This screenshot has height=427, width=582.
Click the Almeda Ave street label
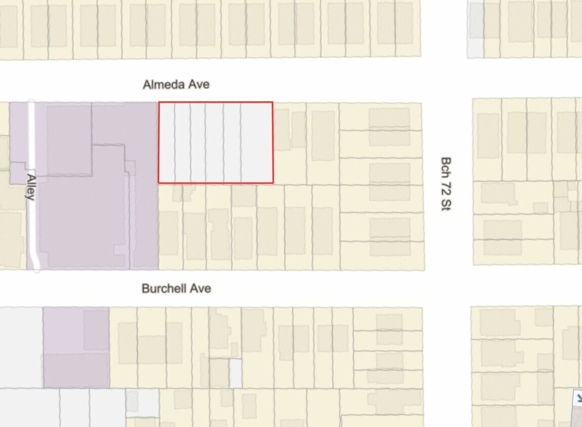(x=176, y=84)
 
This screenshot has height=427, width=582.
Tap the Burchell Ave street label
(x=176, y=288)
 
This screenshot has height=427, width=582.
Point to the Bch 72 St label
(x=445, y=183)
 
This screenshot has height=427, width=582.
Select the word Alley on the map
(x=31, y=187)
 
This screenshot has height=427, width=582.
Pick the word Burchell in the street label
(x=159, y=288)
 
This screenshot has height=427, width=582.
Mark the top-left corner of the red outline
(x=159, y=102)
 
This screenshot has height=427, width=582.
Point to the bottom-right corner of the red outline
(x=273, y=182)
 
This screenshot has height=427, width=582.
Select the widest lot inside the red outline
(x=257, y=142)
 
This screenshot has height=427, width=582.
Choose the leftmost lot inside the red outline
(x=167, y=142)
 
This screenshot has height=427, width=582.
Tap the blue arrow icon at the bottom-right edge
(x=577, y=398)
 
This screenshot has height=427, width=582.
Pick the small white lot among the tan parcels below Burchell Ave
(x=236, y=373)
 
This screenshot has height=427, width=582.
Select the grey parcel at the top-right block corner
(x=475, y=30)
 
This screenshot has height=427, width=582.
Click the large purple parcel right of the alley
(x=96, y=202)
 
